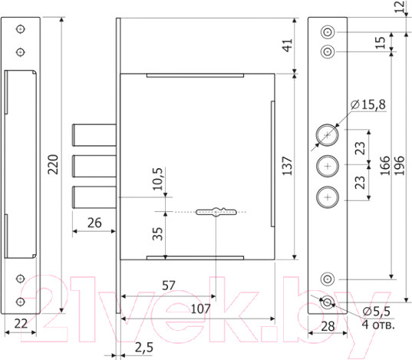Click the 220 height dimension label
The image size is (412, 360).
tap(53, 164)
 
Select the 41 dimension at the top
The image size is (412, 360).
tap(288, 45)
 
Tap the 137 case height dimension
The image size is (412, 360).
tap(287, 166)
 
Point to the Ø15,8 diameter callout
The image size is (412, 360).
tap(368, 104)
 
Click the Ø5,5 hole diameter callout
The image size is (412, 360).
tap(377, 312)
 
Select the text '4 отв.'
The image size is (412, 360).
tap(378, 325)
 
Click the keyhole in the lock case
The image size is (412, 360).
tap(216, 212)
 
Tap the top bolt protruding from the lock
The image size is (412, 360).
tap(94, 134)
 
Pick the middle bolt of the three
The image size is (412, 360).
tap(94, 166)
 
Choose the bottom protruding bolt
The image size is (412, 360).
tap(94, 197)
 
